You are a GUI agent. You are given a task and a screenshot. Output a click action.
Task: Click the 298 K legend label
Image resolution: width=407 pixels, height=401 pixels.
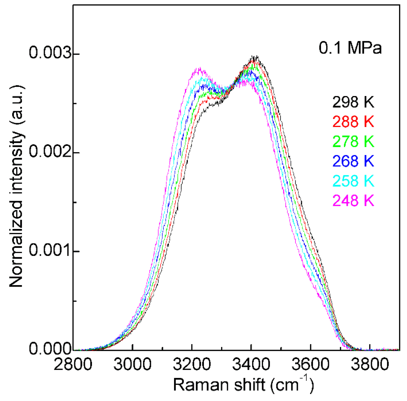coord(353,102)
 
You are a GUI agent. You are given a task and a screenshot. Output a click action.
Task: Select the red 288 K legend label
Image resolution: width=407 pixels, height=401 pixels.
coord(353,121)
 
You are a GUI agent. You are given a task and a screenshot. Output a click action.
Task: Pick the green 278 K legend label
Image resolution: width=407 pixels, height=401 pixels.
coord(353,141)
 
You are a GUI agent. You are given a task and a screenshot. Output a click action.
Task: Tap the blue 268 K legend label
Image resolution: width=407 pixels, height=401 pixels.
coord(353,161)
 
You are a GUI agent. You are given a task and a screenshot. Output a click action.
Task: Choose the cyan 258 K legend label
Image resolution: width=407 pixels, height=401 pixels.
coord(353,181)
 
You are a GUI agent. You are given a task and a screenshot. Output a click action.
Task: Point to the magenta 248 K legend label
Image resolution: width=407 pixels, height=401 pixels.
coord(353,200)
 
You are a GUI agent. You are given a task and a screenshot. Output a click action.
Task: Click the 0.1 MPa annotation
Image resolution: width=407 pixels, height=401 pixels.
coord(350,48)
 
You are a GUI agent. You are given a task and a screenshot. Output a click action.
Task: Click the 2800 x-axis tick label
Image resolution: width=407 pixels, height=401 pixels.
coord(73,364)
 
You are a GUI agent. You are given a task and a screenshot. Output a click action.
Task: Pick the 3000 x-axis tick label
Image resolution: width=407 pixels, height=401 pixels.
coord(132,364)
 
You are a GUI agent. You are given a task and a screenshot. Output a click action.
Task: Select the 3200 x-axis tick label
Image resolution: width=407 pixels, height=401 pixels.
coord(192,364)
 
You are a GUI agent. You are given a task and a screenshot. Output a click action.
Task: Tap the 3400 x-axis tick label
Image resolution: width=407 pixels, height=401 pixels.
coord(251,364)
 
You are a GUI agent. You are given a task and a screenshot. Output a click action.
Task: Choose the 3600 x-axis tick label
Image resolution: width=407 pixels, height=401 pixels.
coord(310,364)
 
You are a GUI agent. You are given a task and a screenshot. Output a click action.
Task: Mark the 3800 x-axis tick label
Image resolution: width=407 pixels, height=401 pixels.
coord(370,364)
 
